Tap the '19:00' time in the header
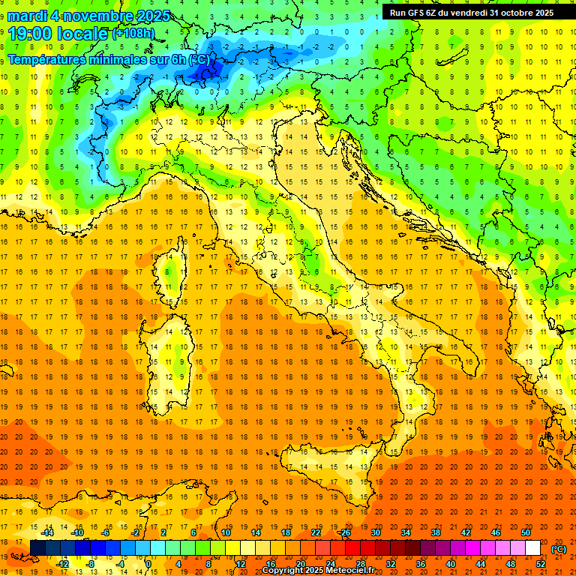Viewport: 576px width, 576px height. click(x=31, y=34)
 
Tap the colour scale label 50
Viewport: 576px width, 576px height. click(x=525, y=532)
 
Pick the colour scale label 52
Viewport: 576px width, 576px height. click(x=541, y=564)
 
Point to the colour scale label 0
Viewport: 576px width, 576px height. click(x=148, y=564)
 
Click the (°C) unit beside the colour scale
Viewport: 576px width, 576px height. click(x=558, y=548)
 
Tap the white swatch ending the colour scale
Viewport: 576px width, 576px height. click(x=532, y=548)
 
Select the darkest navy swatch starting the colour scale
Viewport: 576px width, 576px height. click(x=37, y=548)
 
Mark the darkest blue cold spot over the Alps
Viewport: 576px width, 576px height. click(x=206, y=72)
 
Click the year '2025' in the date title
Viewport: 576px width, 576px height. click(x=153, y=16)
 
